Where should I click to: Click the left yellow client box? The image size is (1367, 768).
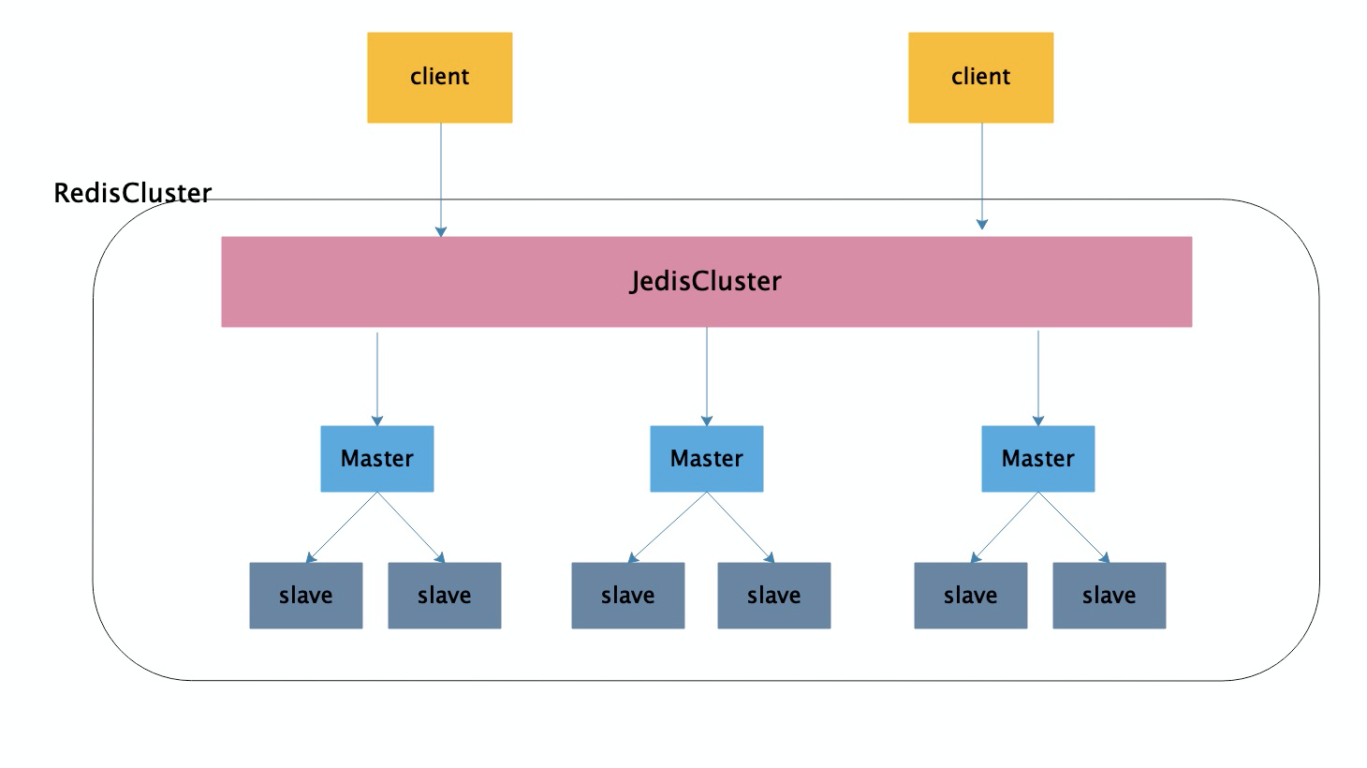coord(439,78)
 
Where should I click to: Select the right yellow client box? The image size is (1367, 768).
coord(980,78)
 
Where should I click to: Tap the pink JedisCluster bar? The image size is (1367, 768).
coord(706,282)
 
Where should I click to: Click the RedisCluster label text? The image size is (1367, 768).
coord(132,193)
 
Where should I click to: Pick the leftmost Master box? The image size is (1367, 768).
coord(377,459)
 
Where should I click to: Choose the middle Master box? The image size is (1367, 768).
coord(707,459)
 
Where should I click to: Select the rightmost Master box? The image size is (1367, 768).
coord(1038,459)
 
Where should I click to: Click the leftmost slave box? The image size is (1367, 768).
coord(306,596)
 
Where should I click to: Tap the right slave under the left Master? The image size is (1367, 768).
coord(444,596)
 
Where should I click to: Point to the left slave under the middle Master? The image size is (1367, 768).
coord(628,596)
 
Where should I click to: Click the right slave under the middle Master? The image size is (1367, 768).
coord(773,596)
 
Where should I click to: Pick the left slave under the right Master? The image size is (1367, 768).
coord(970,596)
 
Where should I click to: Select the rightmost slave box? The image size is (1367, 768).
coord(1109,596)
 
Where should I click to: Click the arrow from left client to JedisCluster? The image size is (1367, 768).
coord(441,180)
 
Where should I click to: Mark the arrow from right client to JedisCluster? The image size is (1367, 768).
coord(982,176)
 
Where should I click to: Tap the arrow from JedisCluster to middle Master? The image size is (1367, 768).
coord(707,377)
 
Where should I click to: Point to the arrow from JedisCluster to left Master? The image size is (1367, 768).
coord(377,379)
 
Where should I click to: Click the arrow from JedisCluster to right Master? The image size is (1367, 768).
coord(1038,378)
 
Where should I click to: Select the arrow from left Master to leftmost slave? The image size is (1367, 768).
coord(341,527)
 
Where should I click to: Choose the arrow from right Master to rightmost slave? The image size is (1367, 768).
coord(1073,527)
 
